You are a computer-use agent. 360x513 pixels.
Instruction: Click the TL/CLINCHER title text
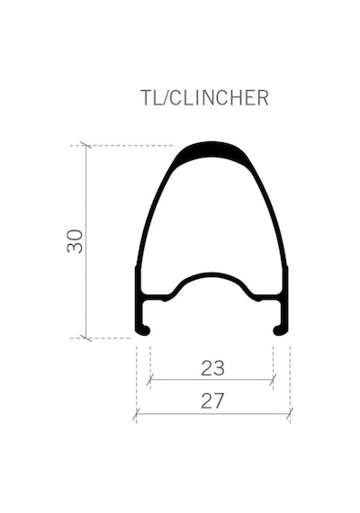(204, 97)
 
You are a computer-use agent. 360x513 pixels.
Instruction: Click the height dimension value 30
(75, 241)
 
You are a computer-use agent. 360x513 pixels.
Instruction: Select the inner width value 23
(212, 368)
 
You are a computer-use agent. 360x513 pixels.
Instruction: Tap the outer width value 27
(212, 401)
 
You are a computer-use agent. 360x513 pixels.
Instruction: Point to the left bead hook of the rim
(144, 330)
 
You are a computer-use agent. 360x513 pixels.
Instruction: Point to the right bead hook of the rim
(280, 330)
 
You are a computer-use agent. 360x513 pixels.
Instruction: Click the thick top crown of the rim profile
(212, 151)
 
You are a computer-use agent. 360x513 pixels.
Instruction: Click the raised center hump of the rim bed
(212, 275)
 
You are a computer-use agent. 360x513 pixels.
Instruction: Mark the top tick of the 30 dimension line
(86, 145)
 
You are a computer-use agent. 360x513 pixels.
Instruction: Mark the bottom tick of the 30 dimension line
(86, 338)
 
